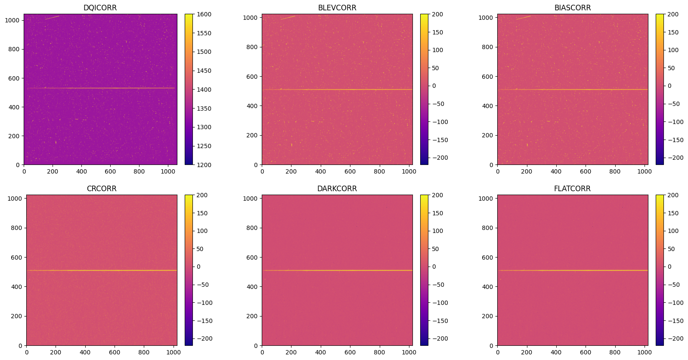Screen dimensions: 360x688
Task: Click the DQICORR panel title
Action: tap(100, 8)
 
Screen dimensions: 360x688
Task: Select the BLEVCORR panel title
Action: tap(337, 8)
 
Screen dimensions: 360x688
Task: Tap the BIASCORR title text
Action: tap(573, 8)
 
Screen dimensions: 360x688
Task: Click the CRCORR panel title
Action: tap(102, 189)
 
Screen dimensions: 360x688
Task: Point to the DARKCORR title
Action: tap(337, 189)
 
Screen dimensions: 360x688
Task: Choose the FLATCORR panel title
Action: tap(573, 189)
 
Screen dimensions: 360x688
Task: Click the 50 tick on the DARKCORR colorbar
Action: tap(435, 249)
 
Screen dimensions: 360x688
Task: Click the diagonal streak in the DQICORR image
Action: tap(52, 18)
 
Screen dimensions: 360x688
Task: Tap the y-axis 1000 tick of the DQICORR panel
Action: tap(14, 20)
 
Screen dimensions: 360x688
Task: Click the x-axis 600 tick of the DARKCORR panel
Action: tap(350, 352)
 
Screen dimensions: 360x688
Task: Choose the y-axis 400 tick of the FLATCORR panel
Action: tap(487, 287)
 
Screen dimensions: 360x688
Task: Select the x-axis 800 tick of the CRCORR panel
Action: tap(144, 352)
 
